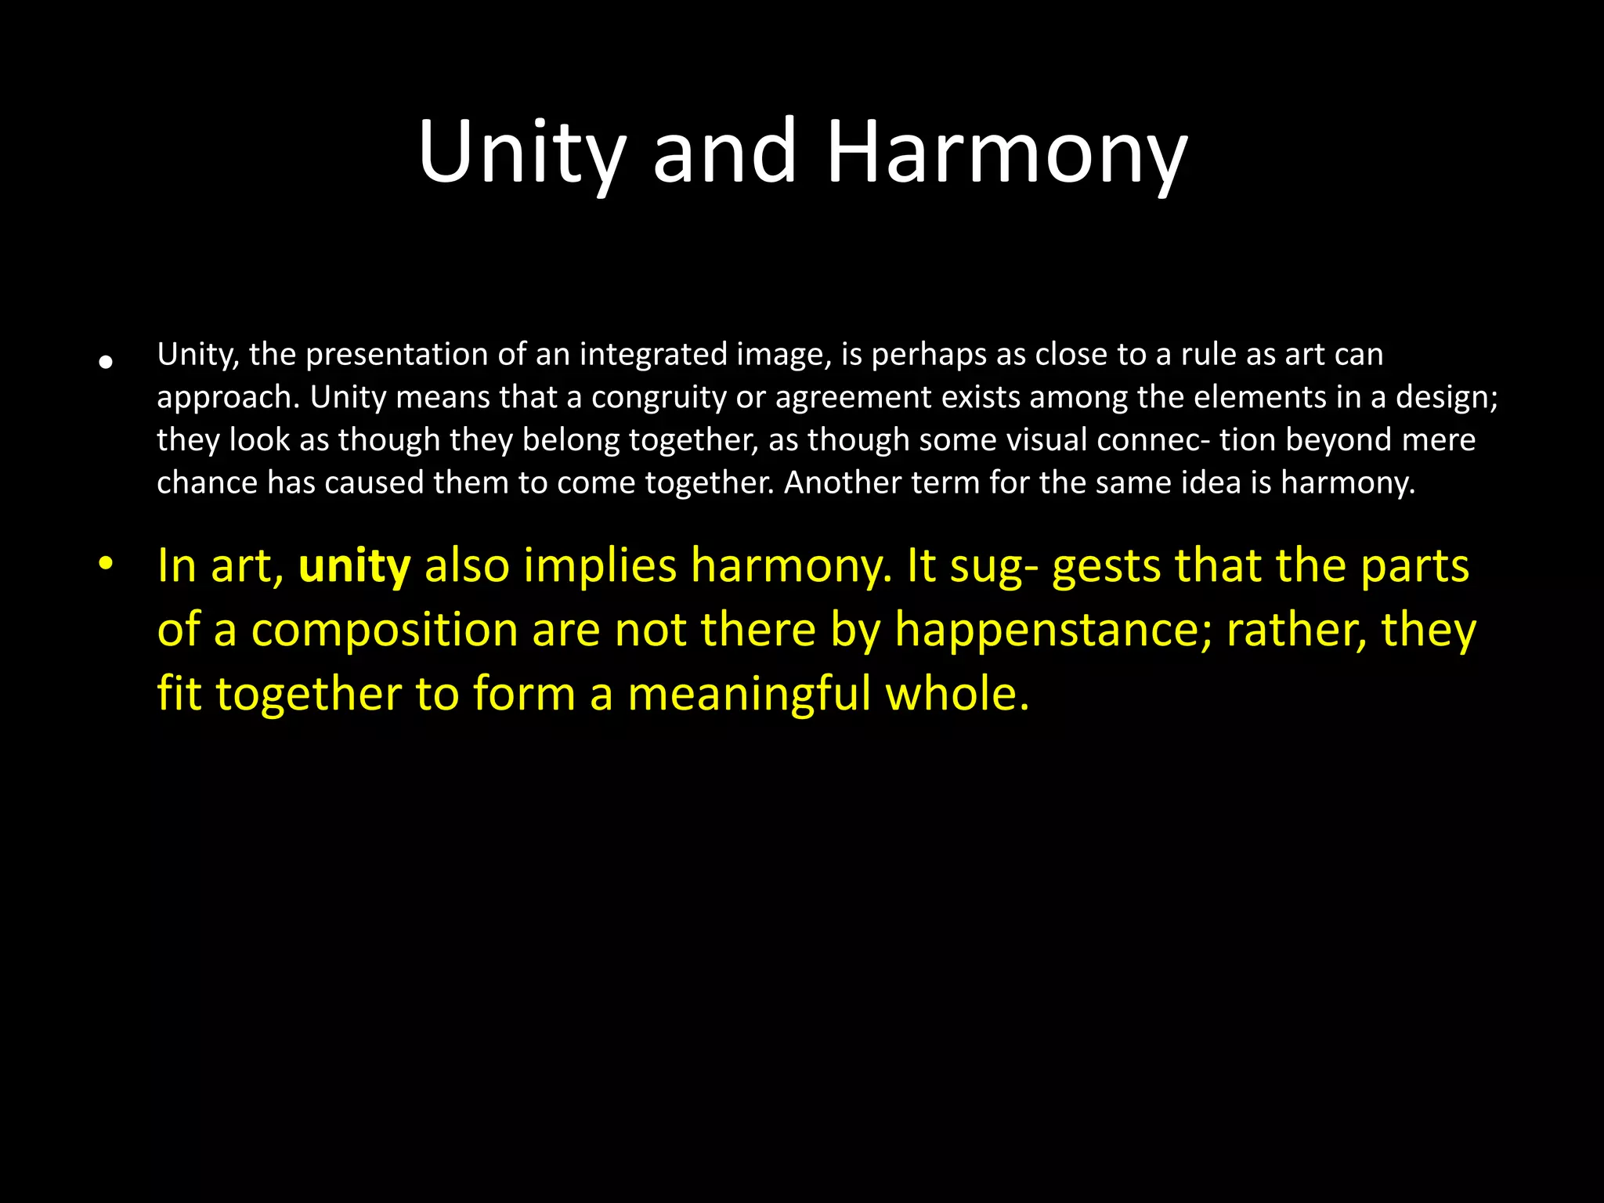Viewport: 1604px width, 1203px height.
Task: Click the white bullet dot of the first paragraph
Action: coord(106,362)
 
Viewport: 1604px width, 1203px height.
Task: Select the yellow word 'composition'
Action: coord(385,630)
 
